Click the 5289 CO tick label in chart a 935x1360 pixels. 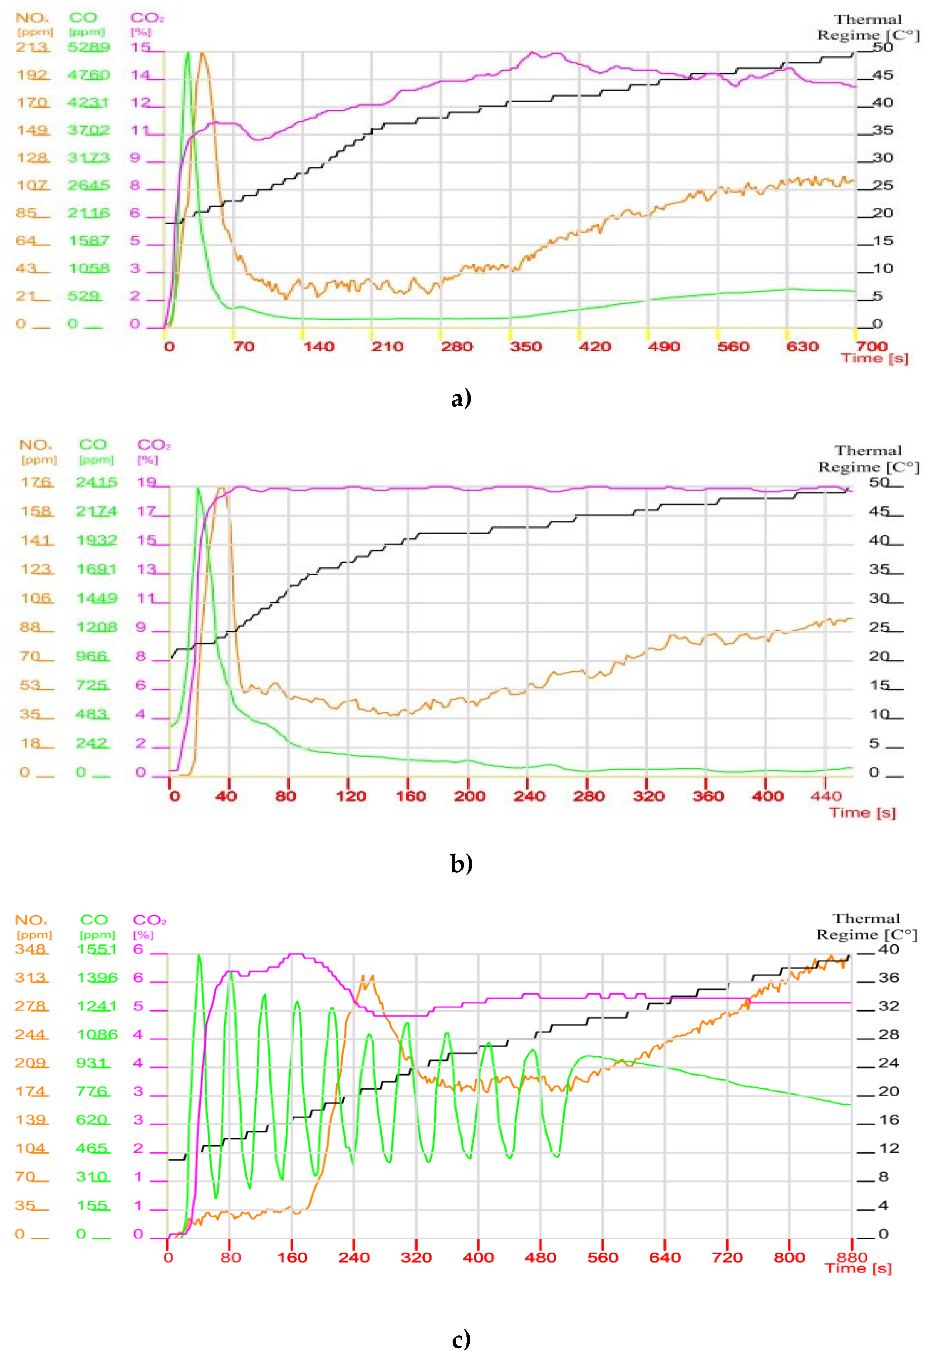pos(89,47)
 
